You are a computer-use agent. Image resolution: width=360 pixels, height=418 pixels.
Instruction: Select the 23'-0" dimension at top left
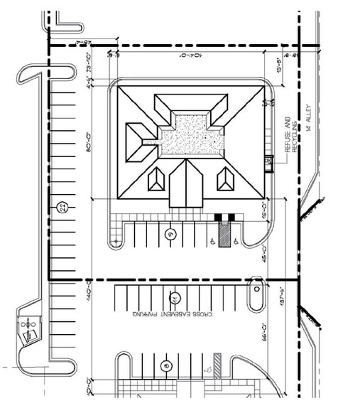pyautogui.click(x=89, y=64)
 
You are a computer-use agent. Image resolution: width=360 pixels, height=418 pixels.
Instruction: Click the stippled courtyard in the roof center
pyautogui.click(x=190, y=135)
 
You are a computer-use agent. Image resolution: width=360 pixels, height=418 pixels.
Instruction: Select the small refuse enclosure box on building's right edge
pyautogui.click(x=269, y=163)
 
